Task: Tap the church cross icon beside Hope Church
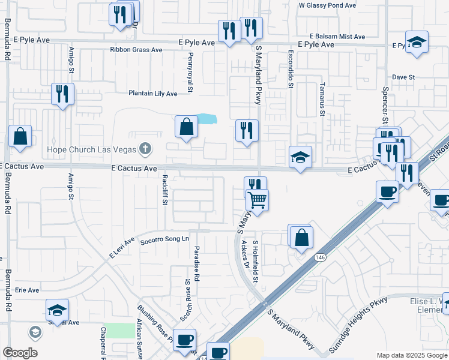[x=145, y=148]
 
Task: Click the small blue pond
[x=206, y=119]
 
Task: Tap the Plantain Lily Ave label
[x=152, y=94]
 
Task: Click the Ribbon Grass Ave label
[x=136, y=50]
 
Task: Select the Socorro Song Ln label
[x=164, y=239]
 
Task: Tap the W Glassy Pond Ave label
[x=327, y=5]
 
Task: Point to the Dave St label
[x=403, y=77]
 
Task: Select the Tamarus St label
[x=322, y=99]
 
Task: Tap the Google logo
[x=20, y=353]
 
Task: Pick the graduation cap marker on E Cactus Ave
[x=300, y=157]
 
